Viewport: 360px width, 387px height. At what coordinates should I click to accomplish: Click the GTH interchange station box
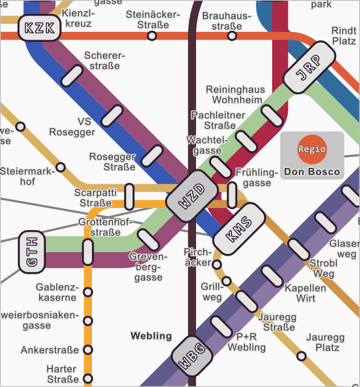[x=32, y=252]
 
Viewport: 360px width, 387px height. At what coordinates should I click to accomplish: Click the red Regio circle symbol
[x=312, y=149]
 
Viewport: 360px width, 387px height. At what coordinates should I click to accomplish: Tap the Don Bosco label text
[x=312, y=172]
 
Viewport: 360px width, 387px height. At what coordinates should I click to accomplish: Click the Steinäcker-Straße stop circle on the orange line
[x=152, y=36]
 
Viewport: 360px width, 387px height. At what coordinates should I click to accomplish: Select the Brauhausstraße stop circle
[x=232, y=36]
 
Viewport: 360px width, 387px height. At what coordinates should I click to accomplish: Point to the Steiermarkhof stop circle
[x=60, y=167]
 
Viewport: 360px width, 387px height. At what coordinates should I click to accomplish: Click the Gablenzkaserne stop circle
[x=88, y=292]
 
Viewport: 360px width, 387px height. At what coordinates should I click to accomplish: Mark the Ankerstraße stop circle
[x=88, y=350]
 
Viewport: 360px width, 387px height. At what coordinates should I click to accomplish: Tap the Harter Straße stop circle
[x=88, y=375]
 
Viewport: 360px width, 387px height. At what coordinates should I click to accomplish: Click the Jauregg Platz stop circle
[x=301, y=356]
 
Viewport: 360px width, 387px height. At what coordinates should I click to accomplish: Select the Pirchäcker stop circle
[x=217, y=264]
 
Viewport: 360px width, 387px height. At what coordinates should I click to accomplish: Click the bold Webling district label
[x=151, y=336]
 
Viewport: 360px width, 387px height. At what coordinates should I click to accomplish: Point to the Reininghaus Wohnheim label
[x=236, y=95]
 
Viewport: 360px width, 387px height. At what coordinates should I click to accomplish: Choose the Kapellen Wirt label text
[x=305, y=293]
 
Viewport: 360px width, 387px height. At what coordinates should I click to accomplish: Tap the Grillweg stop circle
[x=227, y=281]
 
